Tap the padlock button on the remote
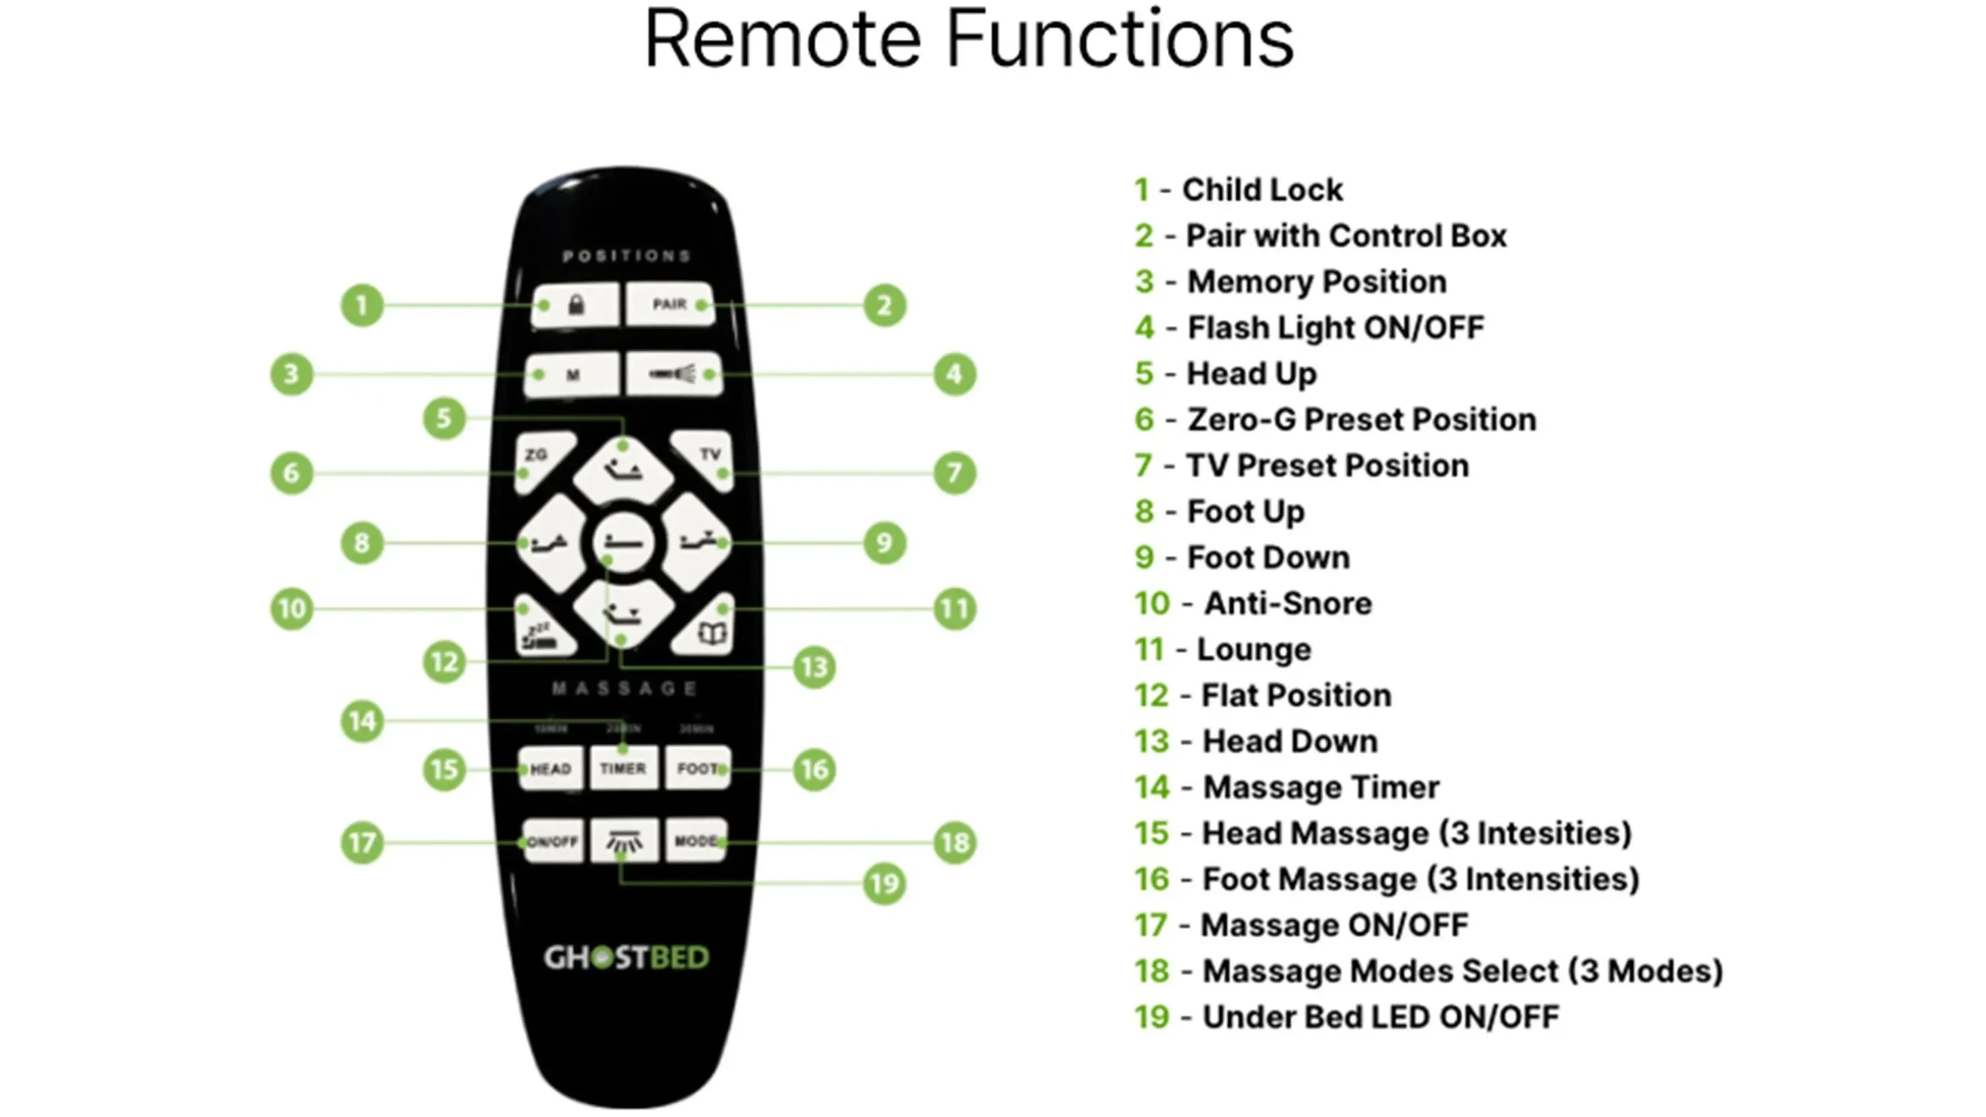tap(575, 305)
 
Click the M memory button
tap(572, 375)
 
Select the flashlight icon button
tap(674, 375)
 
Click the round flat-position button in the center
tap(623, 543)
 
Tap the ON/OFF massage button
tap(552, 842)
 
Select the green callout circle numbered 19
tap(884, 883)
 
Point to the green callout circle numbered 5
tap(444, 419)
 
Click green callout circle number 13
tap(814, 668)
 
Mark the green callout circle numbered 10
tap(291, 609)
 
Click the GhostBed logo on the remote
tap(626, 958)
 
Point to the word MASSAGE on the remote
tap(624, 688)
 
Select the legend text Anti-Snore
tap(1288, 603)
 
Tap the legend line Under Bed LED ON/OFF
tap(1380, 1018)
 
